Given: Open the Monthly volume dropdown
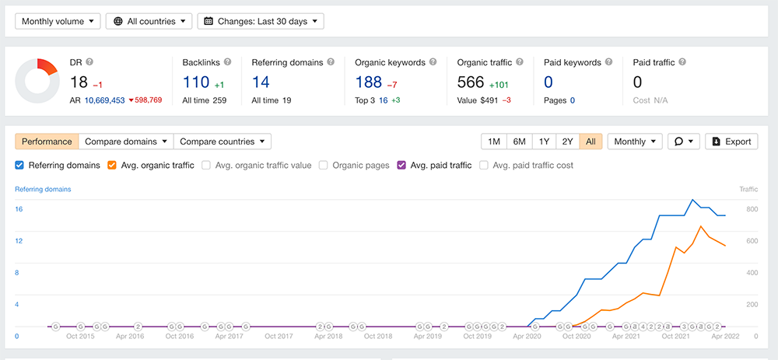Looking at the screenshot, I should (58, 21).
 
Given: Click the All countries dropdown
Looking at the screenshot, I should (149, 21).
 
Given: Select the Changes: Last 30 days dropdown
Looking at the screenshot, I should (261, 21).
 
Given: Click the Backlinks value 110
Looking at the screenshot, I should (197, 82).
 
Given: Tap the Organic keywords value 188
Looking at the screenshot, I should (369, 82).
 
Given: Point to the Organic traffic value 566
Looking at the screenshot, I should (471, 82).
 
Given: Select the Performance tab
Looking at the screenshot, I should (47, 142).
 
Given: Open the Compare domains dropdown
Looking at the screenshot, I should (126, 142).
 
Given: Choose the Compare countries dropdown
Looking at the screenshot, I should (223, 142).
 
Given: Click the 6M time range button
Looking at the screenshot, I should (519, 142).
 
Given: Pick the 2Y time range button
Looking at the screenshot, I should (568, 142).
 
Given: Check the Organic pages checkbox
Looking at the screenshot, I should (324, 165).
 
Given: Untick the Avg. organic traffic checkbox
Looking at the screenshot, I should (112, 165).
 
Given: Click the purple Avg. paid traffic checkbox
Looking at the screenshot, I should (401, 165).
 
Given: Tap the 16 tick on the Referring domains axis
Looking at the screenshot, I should (19, 210).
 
